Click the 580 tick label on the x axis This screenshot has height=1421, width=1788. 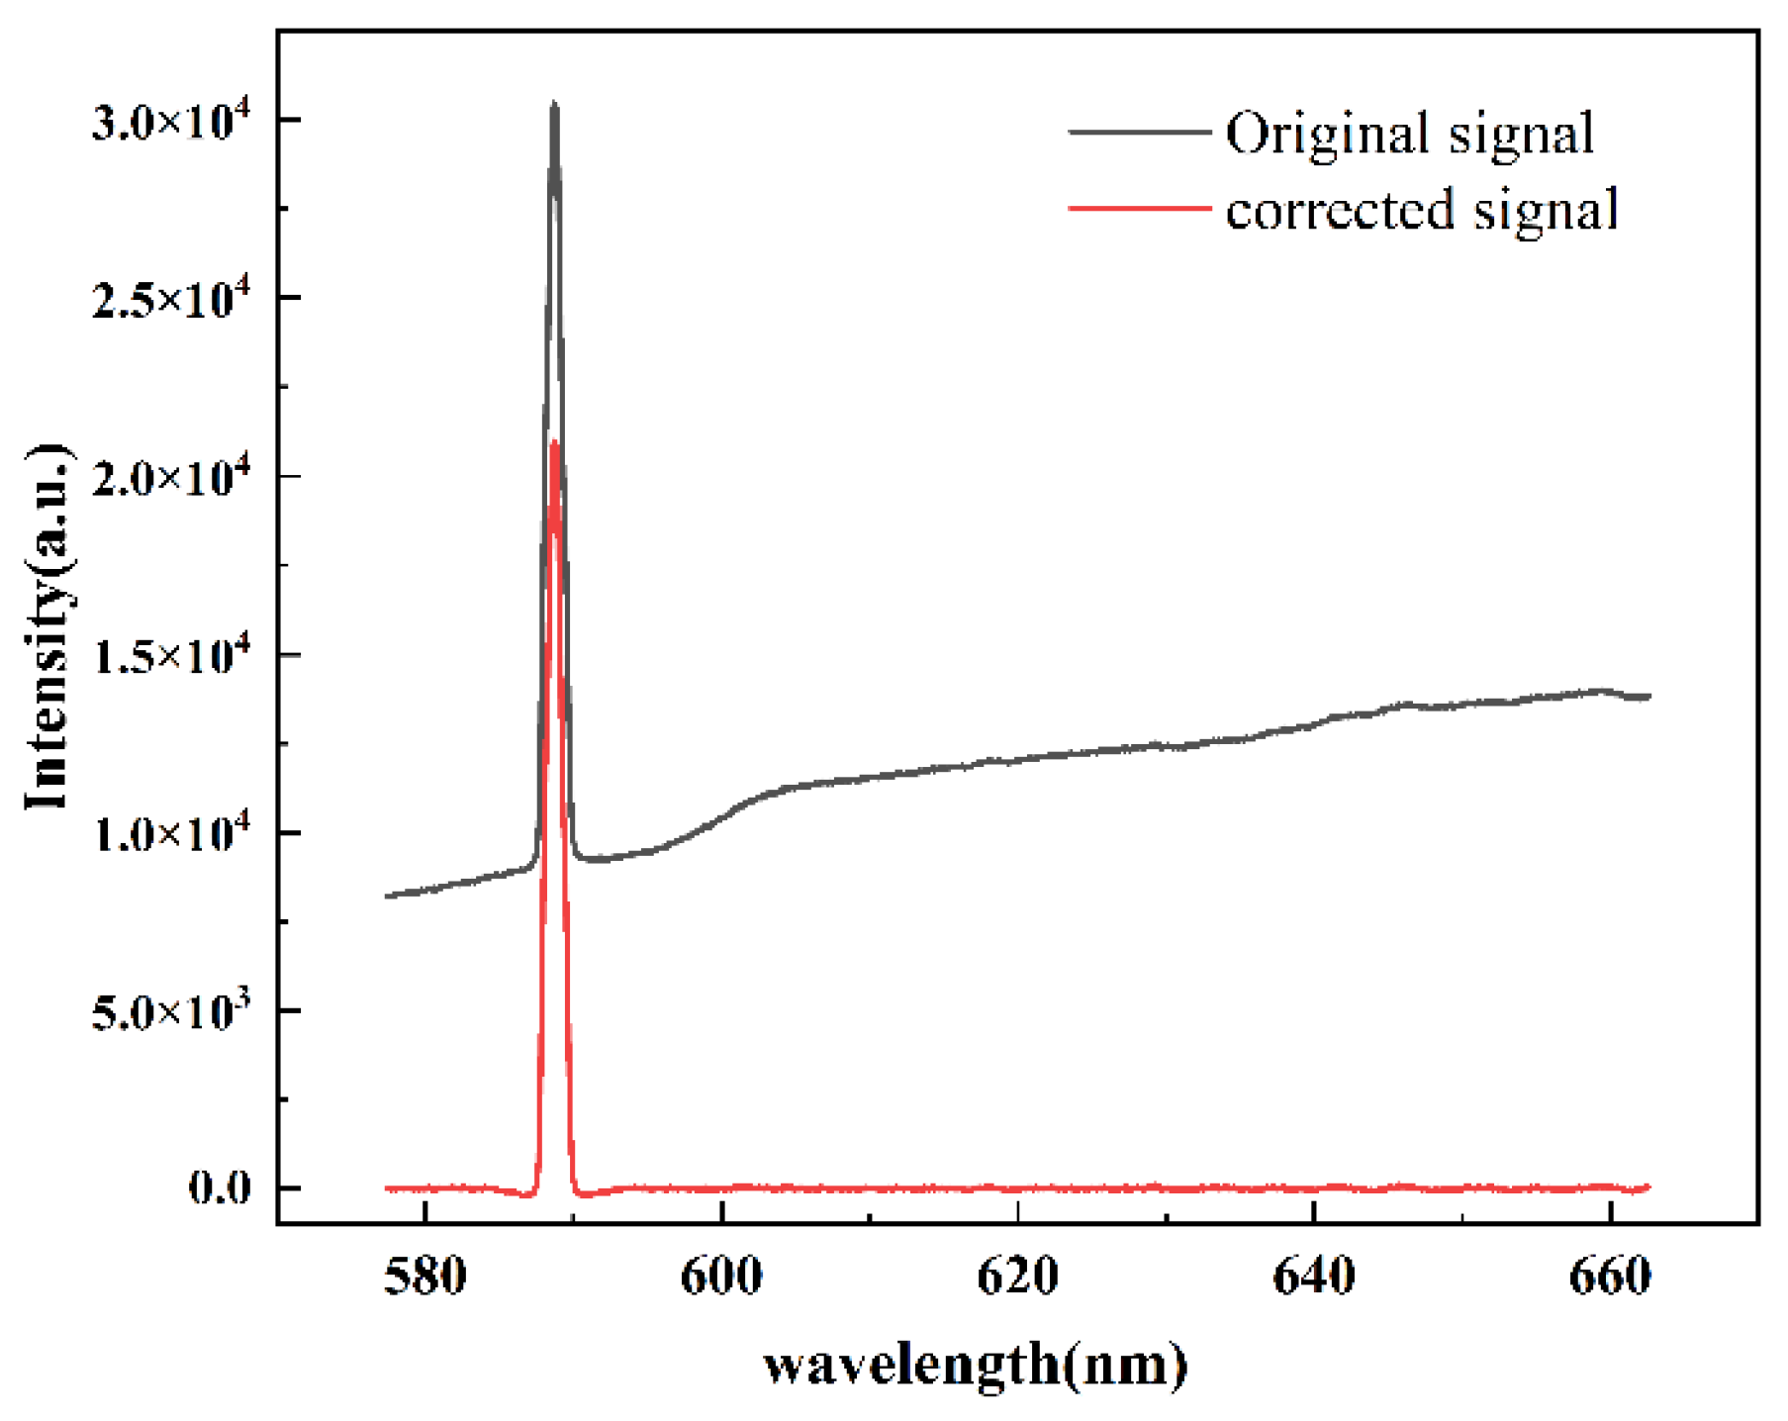pos(424,1278)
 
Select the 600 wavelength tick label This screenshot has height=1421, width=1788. pos(721,1278)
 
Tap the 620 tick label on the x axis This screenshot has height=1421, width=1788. pos(1017,1278)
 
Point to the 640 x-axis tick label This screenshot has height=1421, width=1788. pos(1313,1278)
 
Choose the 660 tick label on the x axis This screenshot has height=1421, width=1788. pos(1610,1278)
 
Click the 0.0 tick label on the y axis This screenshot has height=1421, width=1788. pos(220,1188)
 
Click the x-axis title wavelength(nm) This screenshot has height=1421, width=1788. pos(976,1367)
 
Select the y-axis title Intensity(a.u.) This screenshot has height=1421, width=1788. pos(47,627)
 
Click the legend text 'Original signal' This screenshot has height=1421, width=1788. pos(1410,133)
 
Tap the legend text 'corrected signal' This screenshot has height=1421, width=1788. pos(1422,210)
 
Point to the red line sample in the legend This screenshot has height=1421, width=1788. pos(1139,209)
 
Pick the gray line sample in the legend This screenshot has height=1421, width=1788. pos(1139,132)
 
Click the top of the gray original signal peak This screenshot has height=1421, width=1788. pos(554,103)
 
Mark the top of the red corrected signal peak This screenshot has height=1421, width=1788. pos(554,442)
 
